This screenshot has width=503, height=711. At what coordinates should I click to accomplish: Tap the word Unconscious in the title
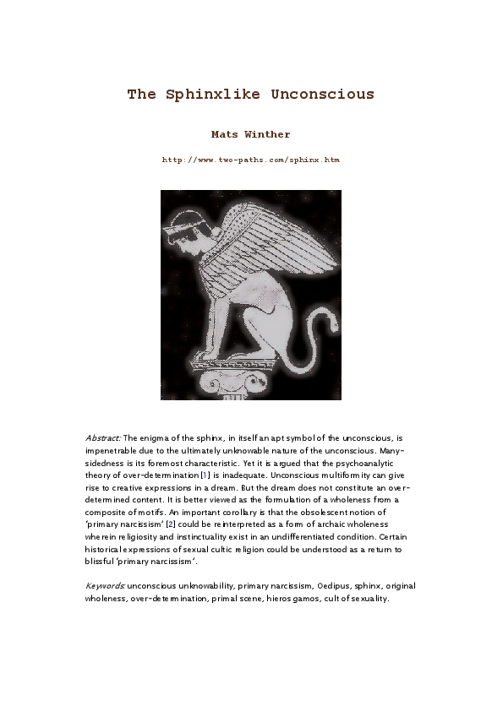(x=323, y=94)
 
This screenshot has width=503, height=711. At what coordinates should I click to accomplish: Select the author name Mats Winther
(x=250, y=133)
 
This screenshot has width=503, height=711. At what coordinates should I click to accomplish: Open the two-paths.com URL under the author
(x=250, y=159)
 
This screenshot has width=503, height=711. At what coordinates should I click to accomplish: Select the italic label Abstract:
(x=103, y=439)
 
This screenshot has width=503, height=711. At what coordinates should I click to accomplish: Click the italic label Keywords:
(x=106, y=585)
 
